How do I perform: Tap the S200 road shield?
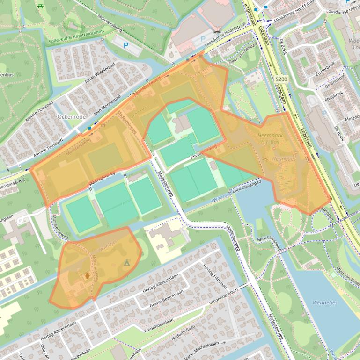[281, 79]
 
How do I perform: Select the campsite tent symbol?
[126, 263]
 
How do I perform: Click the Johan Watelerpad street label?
[99, 74]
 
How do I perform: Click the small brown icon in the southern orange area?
[86, 276]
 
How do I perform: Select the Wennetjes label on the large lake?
[325, 302]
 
